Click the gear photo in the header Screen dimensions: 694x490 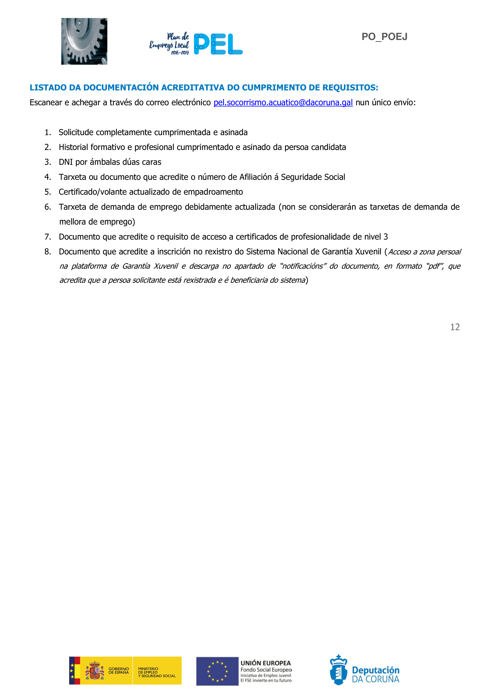(x=84, y=41)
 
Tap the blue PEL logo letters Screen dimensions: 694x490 (x=218, y=44)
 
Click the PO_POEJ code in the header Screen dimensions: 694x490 (x=384, y=37)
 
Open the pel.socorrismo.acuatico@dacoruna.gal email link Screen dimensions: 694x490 (x=283, y=102)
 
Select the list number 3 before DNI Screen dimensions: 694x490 (x=47, y=162)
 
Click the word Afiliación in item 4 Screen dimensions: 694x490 (x=255, y=177)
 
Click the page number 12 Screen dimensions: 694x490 (x=455, y=327)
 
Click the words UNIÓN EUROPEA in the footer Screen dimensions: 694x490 (x=265, y=663)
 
